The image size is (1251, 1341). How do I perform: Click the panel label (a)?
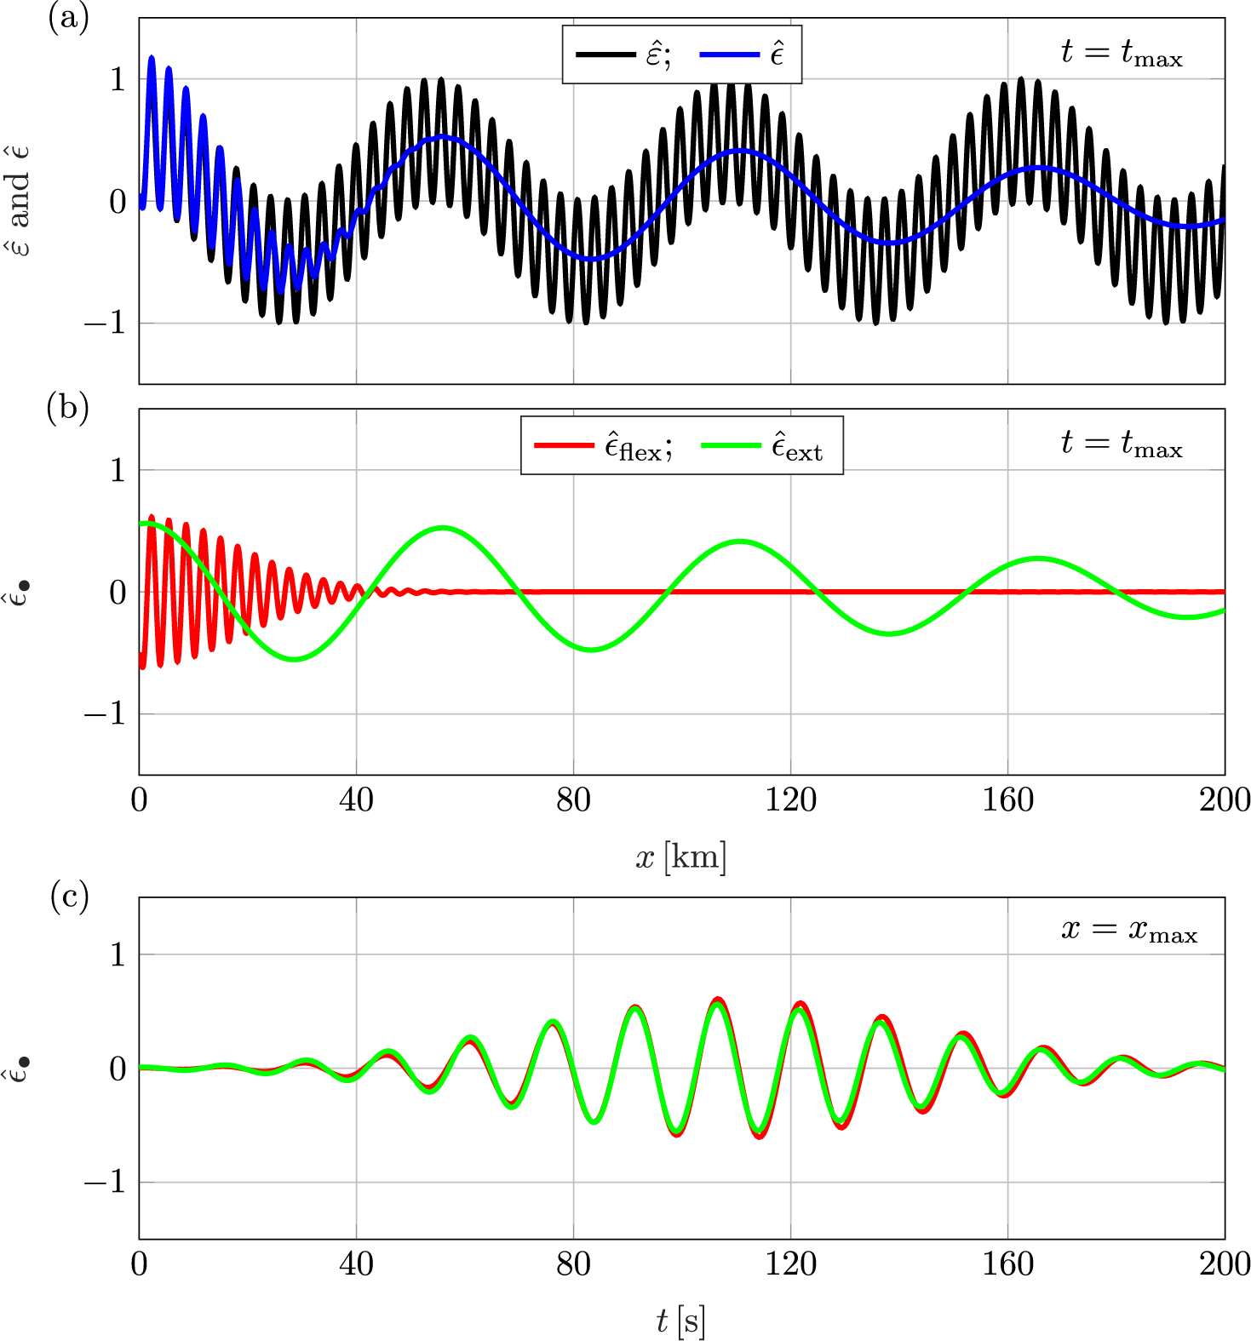coord(69,18)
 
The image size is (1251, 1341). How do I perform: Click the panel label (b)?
coord(68,409)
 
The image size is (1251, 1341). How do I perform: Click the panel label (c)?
coord(69,897)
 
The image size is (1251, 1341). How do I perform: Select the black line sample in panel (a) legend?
coord(605,55)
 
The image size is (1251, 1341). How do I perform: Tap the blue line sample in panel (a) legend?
coord(729,55)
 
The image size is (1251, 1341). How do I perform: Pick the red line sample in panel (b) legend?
coord(563,445)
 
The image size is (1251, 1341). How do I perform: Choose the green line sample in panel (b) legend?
coord(731,445)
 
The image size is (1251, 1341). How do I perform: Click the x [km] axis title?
coord(681,857)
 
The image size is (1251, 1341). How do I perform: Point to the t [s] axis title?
coord(681,1321)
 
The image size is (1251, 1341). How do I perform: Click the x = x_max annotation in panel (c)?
coord(1129,930)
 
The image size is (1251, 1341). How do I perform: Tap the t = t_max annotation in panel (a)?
coord(1122,54)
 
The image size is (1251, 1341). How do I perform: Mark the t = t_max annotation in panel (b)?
coord(1122,444)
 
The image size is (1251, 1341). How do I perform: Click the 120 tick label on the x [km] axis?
coord(790,800)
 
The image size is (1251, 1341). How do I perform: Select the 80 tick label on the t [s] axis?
coord(573,1264)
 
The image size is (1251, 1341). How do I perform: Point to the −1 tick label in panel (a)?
coord(105,324)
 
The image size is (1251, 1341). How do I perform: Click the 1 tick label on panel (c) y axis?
coord(118,954)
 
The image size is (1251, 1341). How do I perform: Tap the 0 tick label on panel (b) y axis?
coord(118,593)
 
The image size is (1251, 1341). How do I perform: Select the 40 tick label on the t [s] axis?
coord(356,1264)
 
